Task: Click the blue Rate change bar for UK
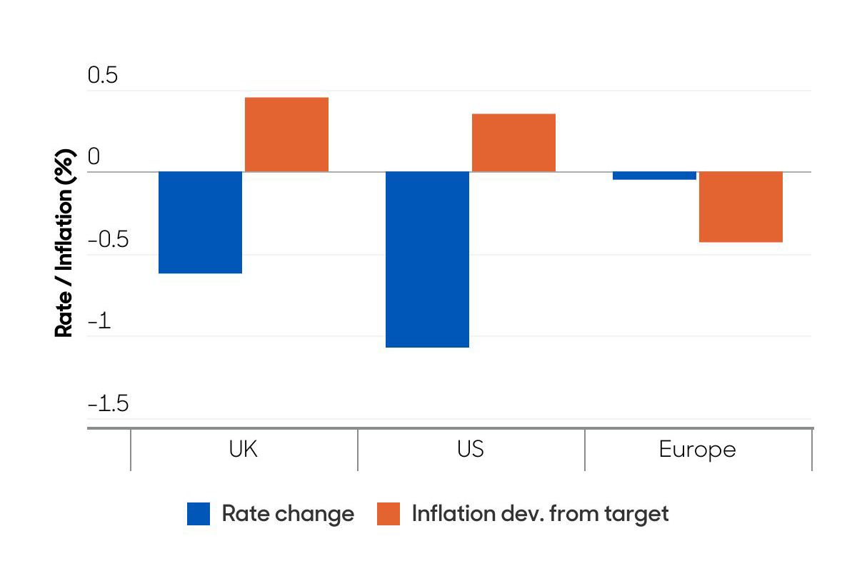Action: (x=200, y=223)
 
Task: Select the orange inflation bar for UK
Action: (x=286, y=135)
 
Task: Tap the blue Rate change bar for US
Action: (x=427, y=260)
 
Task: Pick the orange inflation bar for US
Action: (x=513, y=143)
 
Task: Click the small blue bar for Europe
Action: (x=654, y=176)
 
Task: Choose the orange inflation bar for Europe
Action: (x=741, y=207)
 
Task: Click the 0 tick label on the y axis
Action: (x=94, y=157)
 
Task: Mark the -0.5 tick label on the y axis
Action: (x=108, y=240)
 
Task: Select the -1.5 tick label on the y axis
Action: (x=108, y=404)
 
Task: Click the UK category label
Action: (x=243, y=450)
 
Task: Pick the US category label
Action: (x=470, y=450)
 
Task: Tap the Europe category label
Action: (x=697, y=450)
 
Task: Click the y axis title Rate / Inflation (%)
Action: (x=65, y=243)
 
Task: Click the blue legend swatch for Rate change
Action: (x=199, y=514)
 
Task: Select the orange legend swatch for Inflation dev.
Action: (x=389, y=514)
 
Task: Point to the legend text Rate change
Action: (x=288, y=514)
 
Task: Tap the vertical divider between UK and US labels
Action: (x=358, y=450)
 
